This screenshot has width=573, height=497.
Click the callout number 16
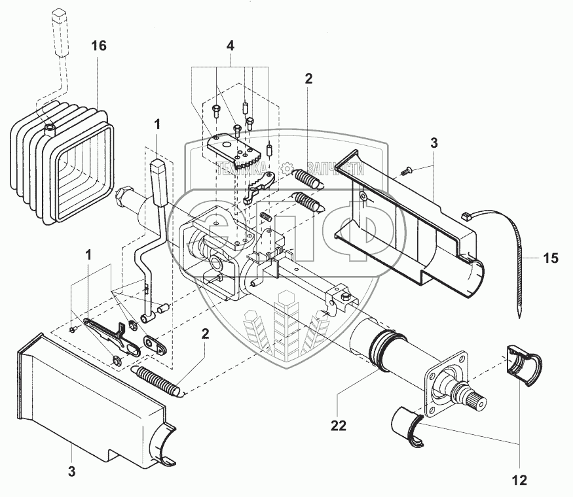pyautogui.click(x=99, y=46)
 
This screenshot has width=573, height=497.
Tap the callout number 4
pyautogui.click(x=231, y=46)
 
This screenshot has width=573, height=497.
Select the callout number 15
pyautogui.click(x=551, y=258)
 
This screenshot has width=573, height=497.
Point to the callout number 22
pyautogui.click(x=339, y=426)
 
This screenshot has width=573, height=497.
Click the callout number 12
pyautogui.click(x=519, y=480)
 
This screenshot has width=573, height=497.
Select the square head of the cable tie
pyautogui.click(x=466, y=216)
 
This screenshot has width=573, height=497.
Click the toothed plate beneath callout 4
pyautogui.click(x=234, y=150)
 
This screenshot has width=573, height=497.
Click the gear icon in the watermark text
pyautogui.click(x=288, y=169)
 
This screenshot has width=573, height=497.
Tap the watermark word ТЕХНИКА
pyautogui.click(x=242, y=169)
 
